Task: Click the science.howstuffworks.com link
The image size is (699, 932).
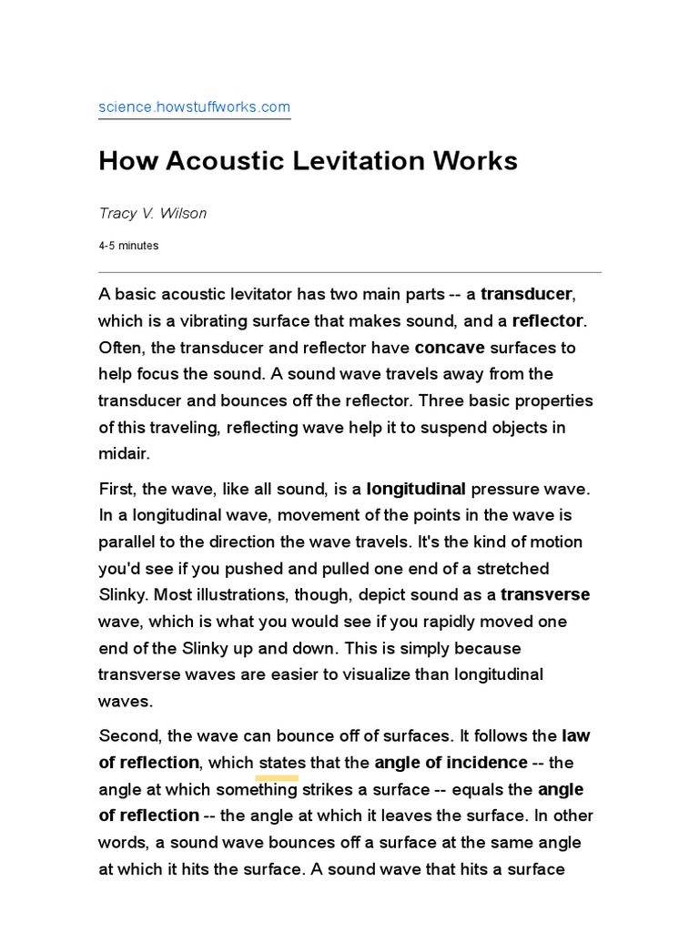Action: tap(194, 107)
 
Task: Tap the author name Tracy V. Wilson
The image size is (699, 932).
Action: tap(152, 214)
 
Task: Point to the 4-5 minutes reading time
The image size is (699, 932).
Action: tap(128, 246)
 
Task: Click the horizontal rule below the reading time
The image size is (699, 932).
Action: tap(349, 272)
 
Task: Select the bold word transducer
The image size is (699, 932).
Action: tap(527, 294)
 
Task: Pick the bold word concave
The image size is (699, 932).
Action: tap(451, 348)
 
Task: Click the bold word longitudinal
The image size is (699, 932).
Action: tap(416, 489)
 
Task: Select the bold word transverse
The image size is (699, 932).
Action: tap(545, 594)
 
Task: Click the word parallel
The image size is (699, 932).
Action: tap(126, 542)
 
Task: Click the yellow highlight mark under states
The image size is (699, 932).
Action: tap(278, 778)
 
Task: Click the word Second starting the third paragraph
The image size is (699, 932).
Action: tap(127, 735)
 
